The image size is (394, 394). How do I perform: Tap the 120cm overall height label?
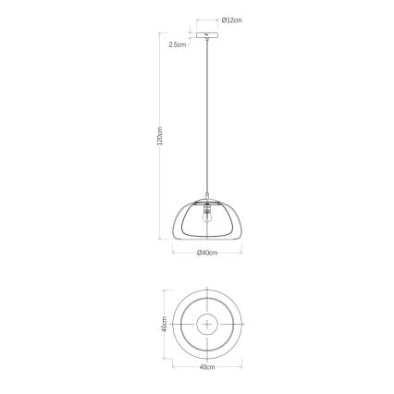click(x=159, y=138)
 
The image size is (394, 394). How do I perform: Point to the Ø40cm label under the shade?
click(x=206, y=252)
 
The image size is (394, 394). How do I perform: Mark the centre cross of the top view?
click(x=206, y=324)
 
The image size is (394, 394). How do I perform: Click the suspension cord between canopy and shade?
click(x=205, y=120)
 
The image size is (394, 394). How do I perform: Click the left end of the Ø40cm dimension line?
click(x=170, y=248)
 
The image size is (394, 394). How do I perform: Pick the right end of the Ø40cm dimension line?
click(x=242, y=248)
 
